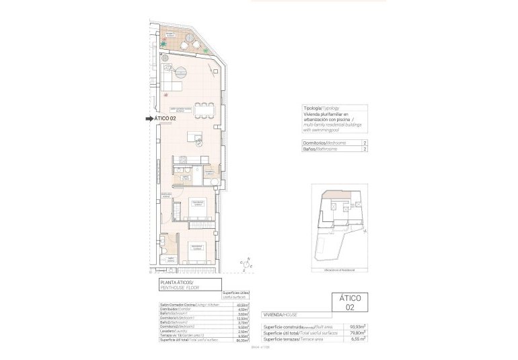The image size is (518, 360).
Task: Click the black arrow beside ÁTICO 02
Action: point(149,119)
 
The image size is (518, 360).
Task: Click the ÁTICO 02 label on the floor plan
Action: point(165,119)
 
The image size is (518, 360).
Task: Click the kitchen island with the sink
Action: point(197,137)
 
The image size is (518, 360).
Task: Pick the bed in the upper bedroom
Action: point(198,208)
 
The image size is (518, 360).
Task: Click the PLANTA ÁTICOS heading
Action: point(176,282)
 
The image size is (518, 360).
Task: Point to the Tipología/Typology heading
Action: point(322,108)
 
